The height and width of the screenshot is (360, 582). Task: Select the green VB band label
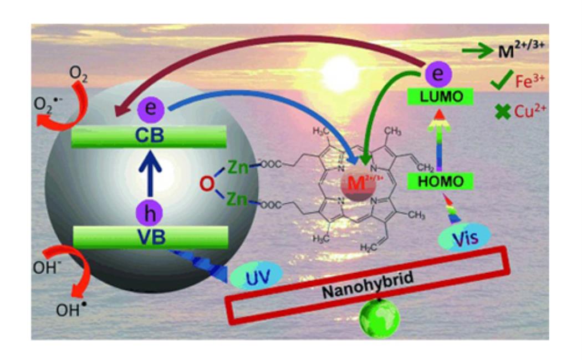[x=150, y=236]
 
